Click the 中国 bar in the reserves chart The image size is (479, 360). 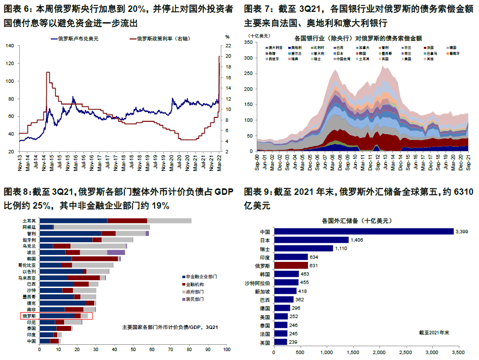364,231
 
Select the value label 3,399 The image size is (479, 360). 463,231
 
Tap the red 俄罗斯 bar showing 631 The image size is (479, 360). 291,265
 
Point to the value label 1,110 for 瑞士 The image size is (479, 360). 343,248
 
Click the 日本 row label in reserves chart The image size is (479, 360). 265,240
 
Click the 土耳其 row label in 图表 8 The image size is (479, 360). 29,220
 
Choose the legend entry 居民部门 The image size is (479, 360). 196,299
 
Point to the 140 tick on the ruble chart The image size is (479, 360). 9,46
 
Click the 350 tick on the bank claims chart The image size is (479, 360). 248,43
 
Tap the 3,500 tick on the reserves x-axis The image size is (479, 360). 458,353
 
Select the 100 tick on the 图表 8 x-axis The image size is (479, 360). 226,350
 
